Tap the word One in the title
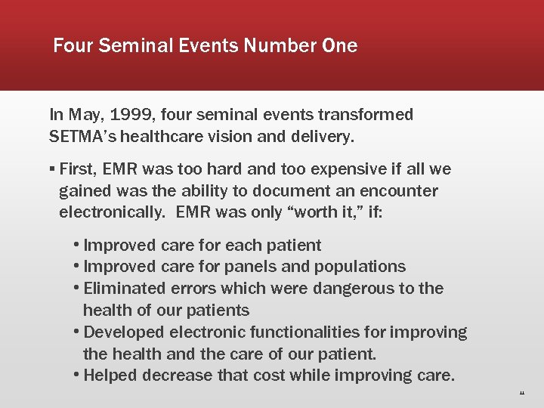pyautogui.click(x=339, y=46)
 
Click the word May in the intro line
pyautogui.click(x=84, y=115)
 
